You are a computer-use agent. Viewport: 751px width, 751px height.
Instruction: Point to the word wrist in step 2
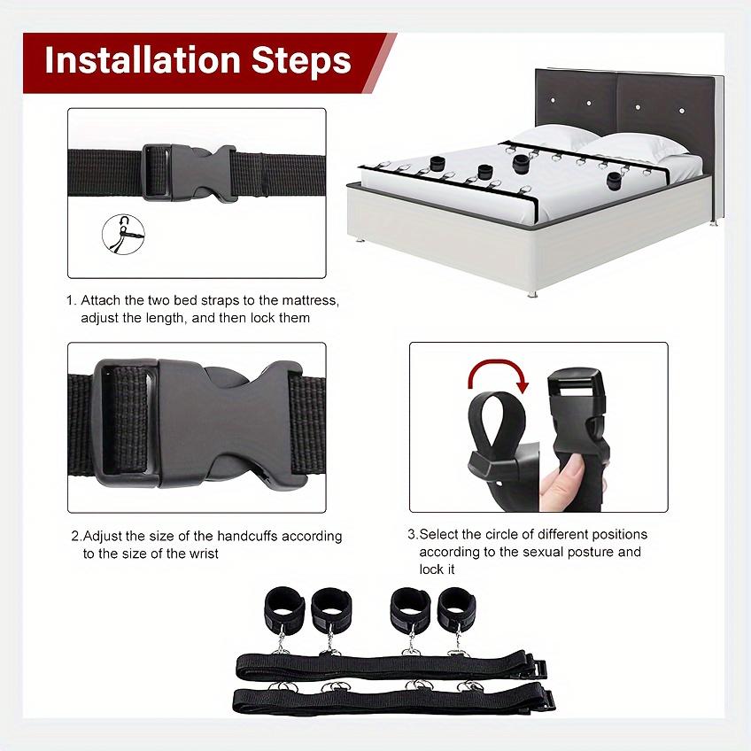tap(203, 553)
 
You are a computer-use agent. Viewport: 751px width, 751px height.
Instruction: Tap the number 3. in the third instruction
tap(412, 534)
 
